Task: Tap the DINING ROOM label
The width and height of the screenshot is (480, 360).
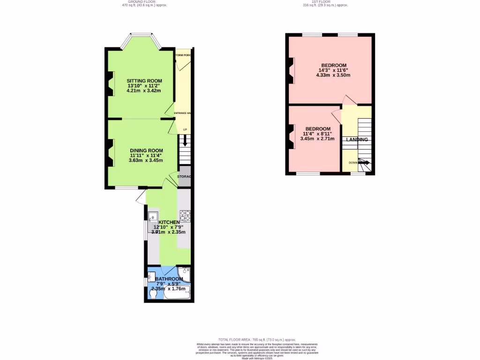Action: tap(146, 150)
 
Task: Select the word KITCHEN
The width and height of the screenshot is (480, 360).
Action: tap(169, 222)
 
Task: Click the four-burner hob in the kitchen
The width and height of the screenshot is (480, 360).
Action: tap(185, 216)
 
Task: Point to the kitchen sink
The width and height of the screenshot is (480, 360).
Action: tap(153, 217)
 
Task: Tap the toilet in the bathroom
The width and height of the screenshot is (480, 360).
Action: tap(152, 293)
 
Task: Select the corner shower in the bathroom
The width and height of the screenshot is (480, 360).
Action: tap(185, 274)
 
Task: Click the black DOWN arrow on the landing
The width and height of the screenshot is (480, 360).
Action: tap(364, 163)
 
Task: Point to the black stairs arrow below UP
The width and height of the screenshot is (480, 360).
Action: tap(185, 140)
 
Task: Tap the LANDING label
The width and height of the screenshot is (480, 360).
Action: tap(357, 140)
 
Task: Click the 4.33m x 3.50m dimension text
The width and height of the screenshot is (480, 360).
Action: tap(333, 75)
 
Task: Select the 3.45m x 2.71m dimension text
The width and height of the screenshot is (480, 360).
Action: tap(317, 139)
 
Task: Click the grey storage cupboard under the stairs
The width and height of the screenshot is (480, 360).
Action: tap(184, 177)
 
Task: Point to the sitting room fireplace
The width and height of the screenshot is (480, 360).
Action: tap(111, 83)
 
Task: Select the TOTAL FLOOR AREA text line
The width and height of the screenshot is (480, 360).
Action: tap(257, 339)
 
